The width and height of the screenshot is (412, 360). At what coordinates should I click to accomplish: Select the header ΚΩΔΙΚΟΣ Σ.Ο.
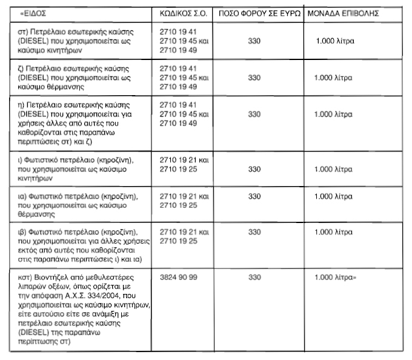[x=184, y=13]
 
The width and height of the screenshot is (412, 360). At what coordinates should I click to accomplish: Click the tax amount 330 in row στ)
[x=254, y=41]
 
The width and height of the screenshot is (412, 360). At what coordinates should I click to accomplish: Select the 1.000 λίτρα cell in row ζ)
[x=334, y=78]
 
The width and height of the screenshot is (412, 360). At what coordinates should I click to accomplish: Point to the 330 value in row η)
[x=254, y=115]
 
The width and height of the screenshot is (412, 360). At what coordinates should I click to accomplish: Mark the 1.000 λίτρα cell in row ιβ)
[x=334, y=232]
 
